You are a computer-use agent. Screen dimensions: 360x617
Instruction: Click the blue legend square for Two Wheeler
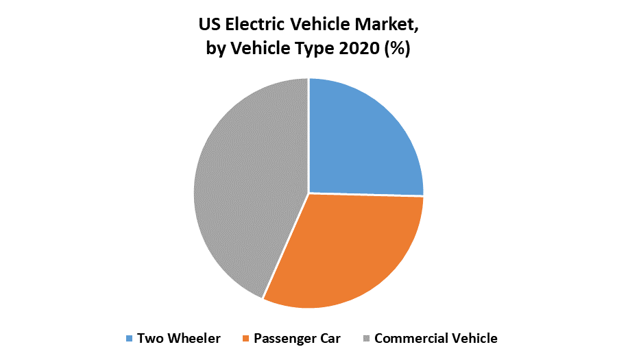129,339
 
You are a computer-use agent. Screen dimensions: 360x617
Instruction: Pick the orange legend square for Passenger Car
245,339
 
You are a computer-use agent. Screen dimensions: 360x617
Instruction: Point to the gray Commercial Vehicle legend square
367,339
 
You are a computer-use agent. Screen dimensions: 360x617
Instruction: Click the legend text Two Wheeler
178,338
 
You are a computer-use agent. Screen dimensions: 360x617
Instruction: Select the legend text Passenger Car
297,338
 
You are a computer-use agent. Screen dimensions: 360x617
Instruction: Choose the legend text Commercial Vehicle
436,338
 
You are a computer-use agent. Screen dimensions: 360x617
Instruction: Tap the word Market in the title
388,25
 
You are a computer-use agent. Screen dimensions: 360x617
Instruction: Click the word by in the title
217,49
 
